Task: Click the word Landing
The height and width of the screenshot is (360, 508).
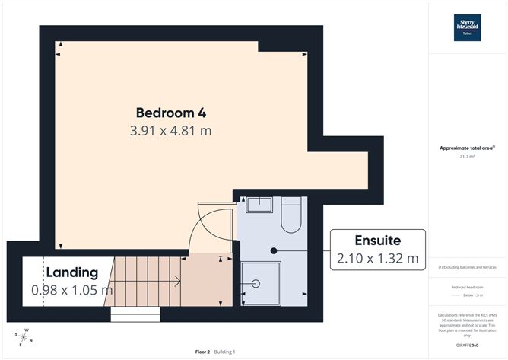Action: click(71, 272)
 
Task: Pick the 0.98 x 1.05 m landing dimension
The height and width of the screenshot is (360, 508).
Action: click(71, 290)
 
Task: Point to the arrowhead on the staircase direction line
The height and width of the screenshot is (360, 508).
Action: click(177, 282)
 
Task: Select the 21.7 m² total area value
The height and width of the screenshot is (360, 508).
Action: click(468, 156)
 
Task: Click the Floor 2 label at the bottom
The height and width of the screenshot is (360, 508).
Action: click(202, 352)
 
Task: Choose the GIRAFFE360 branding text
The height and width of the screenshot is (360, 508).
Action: click(468, 345)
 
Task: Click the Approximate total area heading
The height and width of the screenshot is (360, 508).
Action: click(466, 148)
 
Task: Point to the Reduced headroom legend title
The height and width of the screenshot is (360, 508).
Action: click(468, 288)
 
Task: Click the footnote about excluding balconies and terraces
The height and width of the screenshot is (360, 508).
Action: click(468, 267)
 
